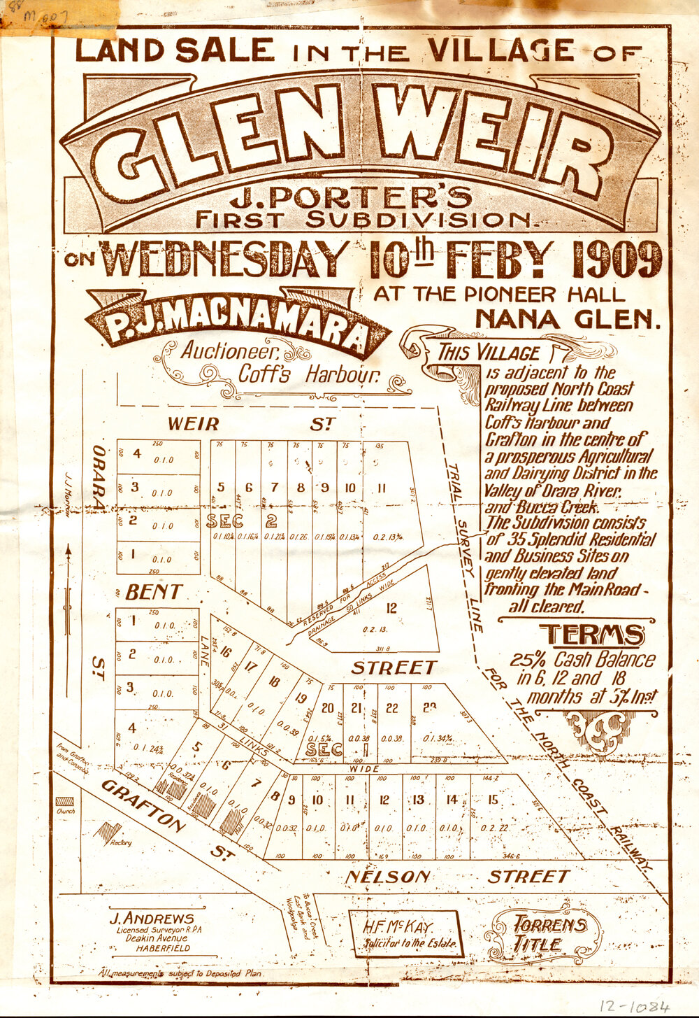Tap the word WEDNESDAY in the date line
click(x=225, y=260)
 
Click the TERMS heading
click(x=591, y=635)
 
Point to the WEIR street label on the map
click(x=194, y=424)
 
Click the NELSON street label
click(x=388, y=877)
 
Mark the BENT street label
click(x=154, y=593)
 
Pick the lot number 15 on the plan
click(x=493, y=800)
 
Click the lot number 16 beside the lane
click(x=225, y=652)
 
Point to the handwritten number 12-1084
click(x=628, y=1006)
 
